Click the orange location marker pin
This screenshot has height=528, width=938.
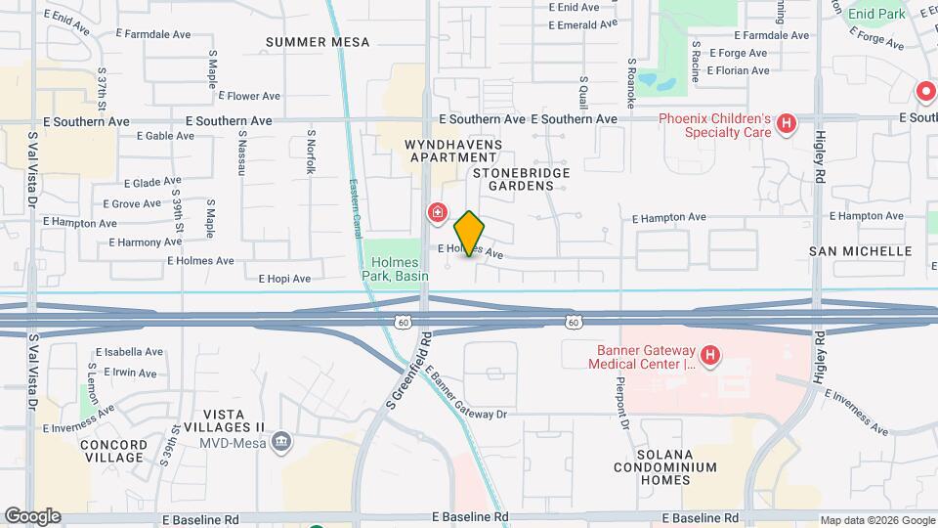coord(469,234)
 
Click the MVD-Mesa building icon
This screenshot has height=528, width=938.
coord(281,442)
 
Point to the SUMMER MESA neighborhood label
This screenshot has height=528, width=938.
coord(318,42)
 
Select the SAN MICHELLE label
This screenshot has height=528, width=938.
coord(860,251)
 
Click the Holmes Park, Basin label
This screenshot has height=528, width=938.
coord(394,269)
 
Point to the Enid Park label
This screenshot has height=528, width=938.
coord(875,14)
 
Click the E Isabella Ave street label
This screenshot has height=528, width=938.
coord(129,352)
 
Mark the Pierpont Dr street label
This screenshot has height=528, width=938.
coord(621,400)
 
